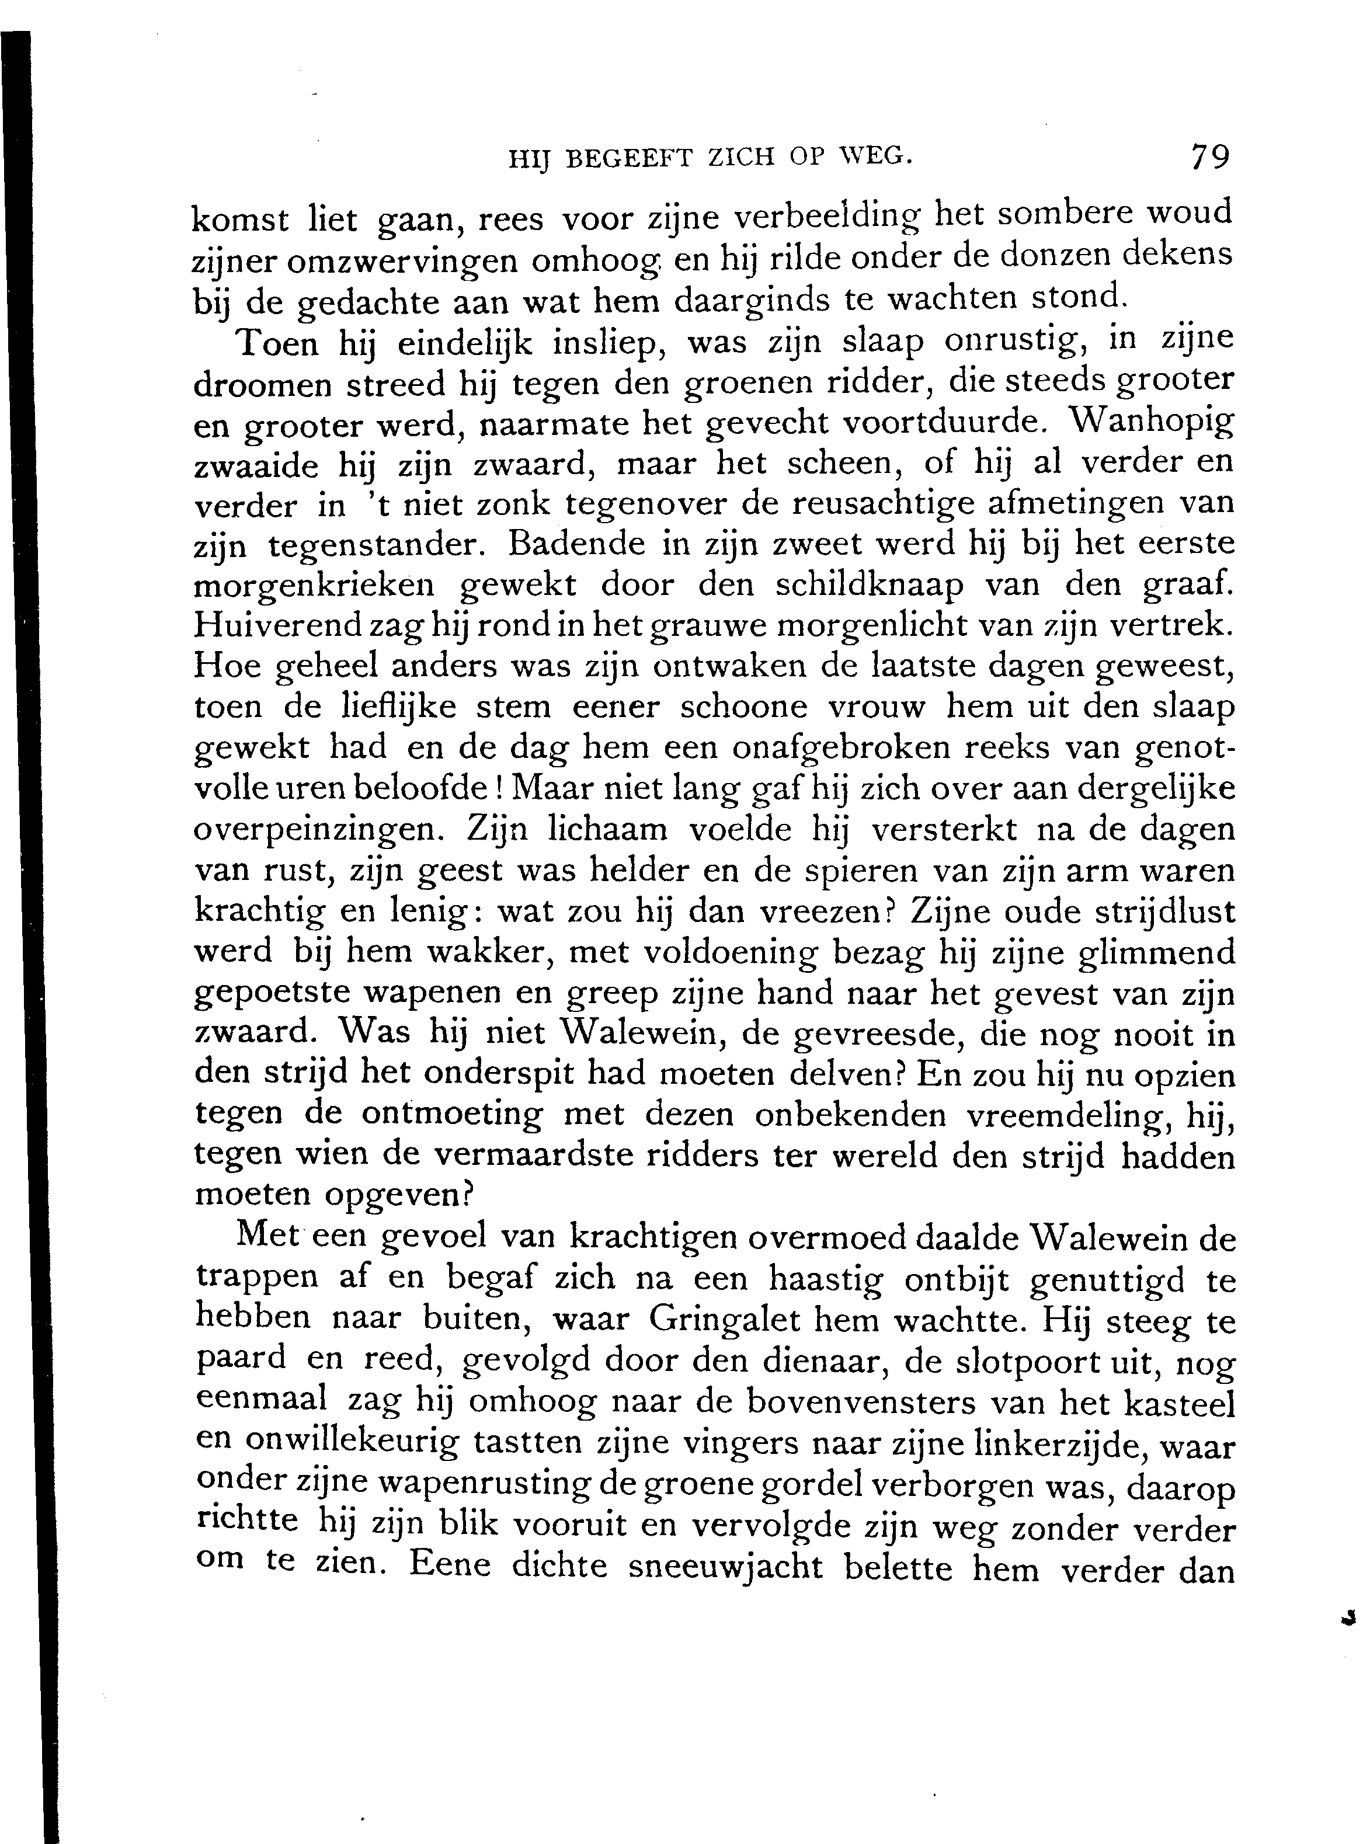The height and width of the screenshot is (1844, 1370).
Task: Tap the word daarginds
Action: [752, 300]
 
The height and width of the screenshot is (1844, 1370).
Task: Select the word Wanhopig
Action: [1152, 423]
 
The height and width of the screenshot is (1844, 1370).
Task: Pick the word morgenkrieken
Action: [314, 586]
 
